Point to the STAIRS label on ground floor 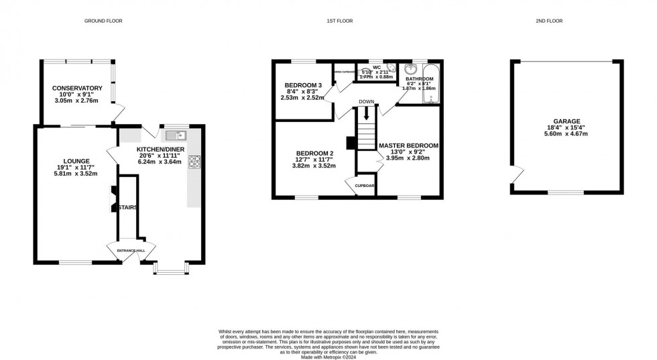(x=127, y=207)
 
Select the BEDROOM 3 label (x=302, y=85)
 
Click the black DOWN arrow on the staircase (x=366, y=115)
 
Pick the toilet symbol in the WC (x=392, y=69)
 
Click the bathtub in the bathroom (x=432, y=84)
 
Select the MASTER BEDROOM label (x=408, y=145)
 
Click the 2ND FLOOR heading (x=549, y=21)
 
